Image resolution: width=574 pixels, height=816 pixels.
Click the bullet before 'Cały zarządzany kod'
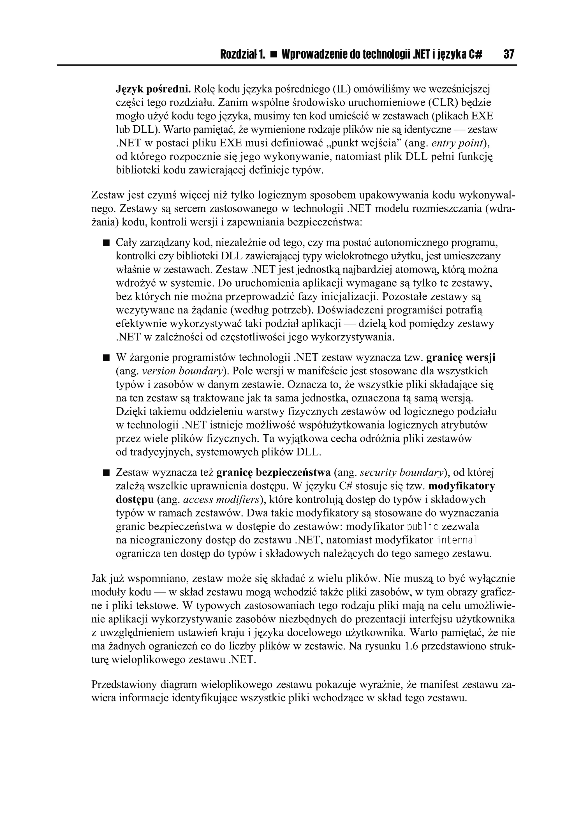(x=106, y=243)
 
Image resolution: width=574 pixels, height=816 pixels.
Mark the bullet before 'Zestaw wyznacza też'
(x=106, y=473)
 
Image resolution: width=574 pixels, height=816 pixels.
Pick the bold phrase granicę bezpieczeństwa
(x=273, y=473)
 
